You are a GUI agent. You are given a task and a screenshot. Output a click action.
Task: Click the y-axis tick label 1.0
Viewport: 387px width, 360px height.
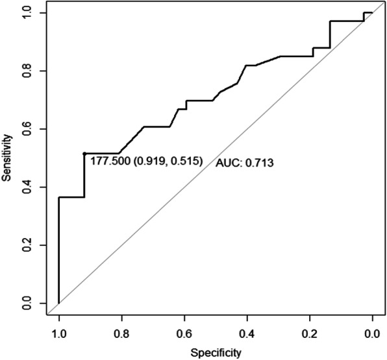[x=26, y=13]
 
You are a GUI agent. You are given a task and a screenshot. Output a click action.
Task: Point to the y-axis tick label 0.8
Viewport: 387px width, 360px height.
[x=26, y=71]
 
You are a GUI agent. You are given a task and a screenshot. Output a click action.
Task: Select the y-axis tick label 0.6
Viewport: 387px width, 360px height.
[x=26, y=129]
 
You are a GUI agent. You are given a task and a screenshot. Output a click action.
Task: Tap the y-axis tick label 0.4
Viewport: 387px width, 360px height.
[x=26, y=187]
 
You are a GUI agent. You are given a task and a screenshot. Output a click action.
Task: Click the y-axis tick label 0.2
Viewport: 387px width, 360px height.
[x=26, y=245]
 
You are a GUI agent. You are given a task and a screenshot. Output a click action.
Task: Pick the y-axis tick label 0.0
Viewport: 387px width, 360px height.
[x=26, y=303]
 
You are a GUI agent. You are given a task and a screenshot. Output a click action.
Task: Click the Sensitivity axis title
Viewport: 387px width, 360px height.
[x=7, y=158]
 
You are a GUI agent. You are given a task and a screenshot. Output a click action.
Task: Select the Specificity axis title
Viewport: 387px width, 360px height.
[x=216, y=353]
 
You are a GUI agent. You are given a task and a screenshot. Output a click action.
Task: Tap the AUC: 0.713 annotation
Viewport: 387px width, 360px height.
[x=244, y=163]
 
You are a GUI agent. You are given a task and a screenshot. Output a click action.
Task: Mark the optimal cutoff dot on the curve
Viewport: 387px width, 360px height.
[x=84, y=154]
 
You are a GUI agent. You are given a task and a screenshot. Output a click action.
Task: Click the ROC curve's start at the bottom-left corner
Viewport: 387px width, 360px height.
[x=59, y=303]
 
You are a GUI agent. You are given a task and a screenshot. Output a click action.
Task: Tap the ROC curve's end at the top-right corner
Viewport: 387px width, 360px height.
[x=372, y=13]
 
